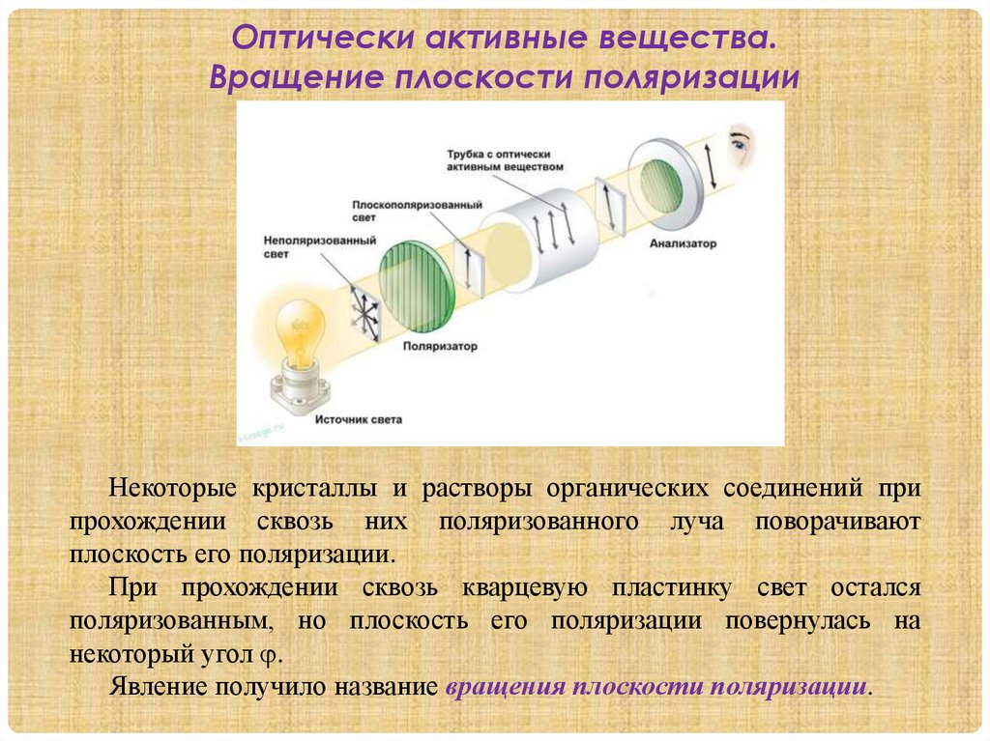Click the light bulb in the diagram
click(301, 330)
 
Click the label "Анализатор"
click(684, 243)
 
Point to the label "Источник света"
click(358, 420)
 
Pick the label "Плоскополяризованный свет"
click(417, 213)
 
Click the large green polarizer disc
click(417, 286)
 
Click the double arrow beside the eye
click(710, 165)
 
